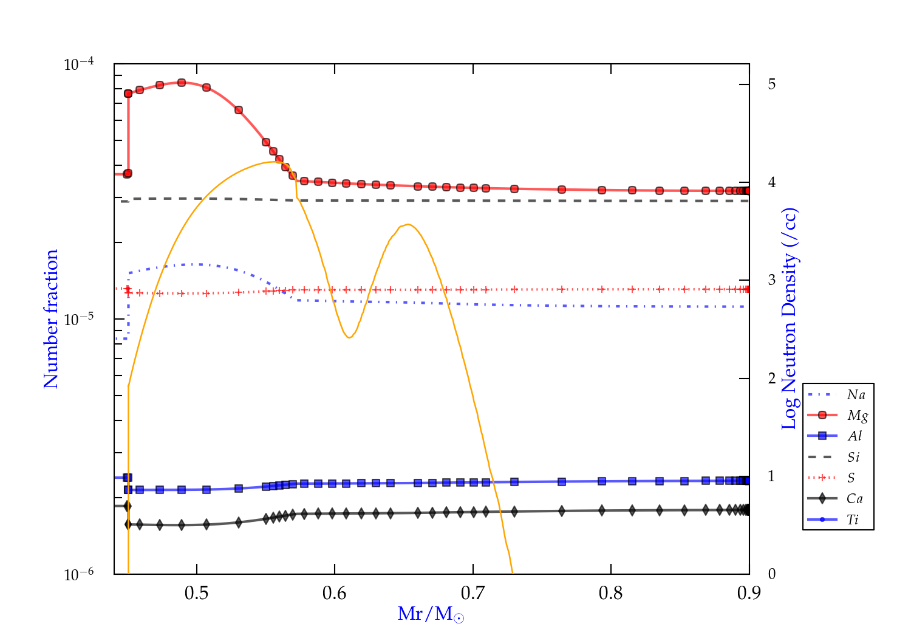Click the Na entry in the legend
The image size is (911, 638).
coord(856,395)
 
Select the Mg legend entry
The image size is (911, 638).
coord(857,416)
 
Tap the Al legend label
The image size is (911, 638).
coord(855,436)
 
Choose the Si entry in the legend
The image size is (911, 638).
coord(853,457)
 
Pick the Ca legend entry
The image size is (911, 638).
coord(855,499)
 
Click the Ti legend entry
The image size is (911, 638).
coord(853,520)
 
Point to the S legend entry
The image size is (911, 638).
coord(851,478)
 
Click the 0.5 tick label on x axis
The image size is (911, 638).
coord(196,593)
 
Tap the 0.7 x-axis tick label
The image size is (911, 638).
coord(473,593)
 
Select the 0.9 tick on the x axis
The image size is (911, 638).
coord(749,593)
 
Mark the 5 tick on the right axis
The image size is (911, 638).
coord(772,84)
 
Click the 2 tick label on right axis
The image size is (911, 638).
coord(772,378)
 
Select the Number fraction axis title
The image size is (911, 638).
coord(51,319)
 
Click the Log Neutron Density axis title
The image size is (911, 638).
coord(790,319)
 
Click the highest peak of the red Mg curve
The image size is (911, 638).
coord(181,82)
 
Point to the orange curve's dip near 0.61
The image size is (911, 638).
coord(349,337)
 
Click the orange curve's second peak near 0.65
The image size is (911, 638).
coord(409,224)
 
